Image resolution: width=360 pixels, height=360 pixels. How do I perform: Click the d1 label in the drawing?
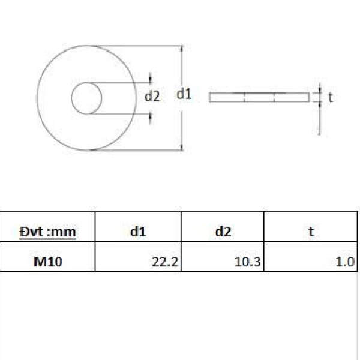184,94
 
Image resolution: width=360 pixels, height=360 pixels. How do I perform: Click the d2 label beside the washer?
152,96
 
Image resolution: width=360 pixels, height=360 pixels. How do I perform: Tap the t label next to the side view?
330,97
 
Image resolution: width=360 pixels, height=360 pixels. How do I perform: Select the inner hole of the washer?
86,98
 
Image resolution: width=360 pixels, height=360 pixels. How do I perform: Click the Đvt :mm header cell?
48,232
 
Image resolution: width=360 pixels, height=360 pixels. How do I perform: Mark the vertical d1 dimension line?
181,120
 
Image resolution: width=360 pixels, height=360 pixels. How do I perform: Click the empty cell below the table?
180,315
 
